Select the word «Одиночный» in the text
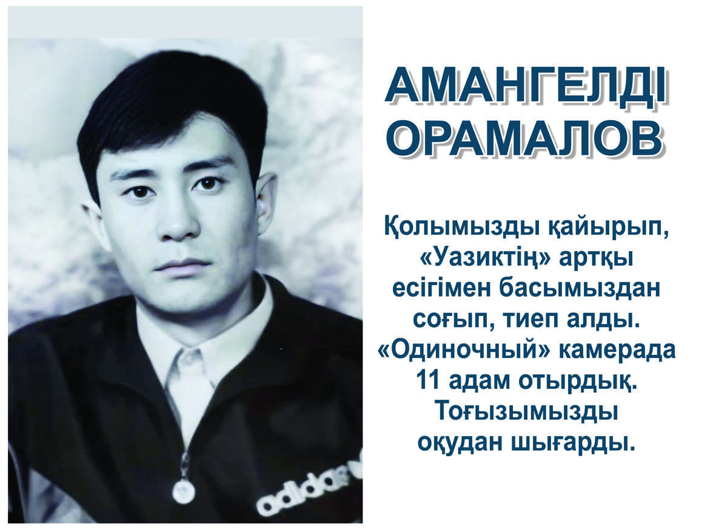[x=462, y=350]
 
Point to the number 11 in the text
[x=430, y=380]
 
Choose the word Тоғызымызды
[x=527, y=412]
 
